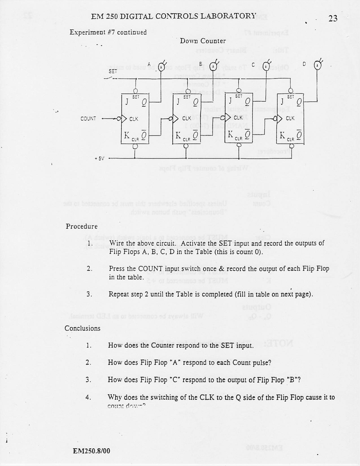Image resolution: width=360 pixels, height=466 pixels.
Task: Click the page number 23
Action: click(x=332, y=18)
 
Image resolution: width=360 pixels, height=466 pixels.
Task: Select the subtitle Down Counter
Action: click(x=203, y=41)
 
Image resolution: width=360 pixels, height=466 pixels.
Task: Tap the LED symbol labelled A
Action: click(x=161, y=67)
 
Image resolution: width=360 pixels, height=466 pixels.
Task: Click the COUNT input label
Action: click(x=88, y=119)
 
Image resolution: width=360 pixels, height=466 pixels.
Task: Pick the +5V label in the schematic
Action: click(x=99, y=159)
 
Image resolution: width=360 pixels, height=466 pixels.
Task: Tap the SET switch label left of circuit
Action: click(x=113, y=71)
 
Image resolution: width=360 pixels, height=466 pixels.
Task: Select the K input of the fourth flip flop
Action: click(x=282, y=136)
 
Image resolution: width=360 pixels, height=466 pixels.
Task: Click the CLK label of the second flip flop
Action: click(x=186, y=119)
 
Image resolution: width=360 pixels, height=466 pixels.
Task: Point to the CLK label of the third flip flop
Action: click(x=238, y=118)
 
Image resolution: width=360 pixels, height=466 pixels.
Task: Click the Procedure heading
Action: click(x=82, y=226)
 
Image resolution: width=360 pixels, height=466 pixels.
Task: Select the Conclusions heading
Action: click(x=82, y=328)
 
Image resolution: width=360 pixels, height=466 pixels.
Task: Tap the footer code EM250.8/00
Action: click(x=91, y=451)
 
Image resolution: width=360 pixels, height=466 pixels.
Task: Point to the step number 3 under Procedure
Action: click(x=89, y=295)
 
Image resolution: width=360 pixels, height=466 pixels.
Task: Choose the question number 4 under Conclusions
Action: click(x=88, y=398)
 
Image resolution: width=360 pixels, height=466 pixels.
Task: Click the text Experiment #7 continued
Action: click(x=108, y=32)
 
